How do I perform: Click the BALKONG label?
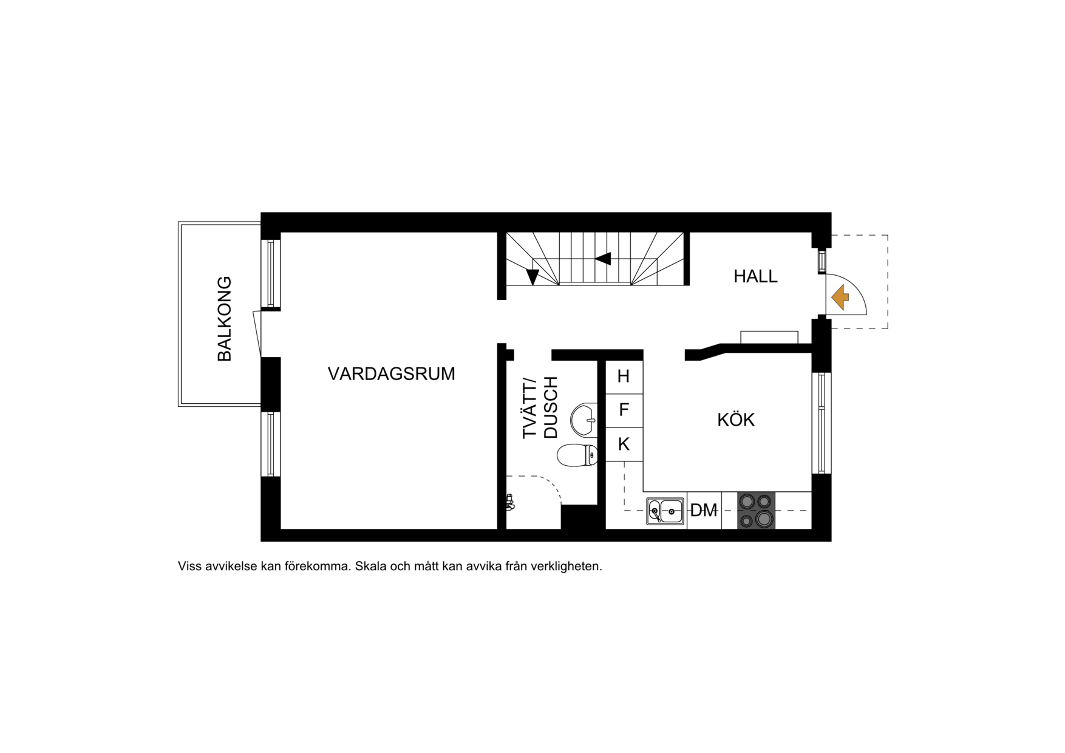coord(224,319)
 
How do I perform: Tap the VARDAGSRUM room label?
coord(391,373)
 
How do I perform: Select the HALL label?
coord(755,276)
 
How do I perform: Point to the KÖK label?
coord(735,420)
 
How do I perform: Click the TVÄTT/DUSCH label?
coord(540,407)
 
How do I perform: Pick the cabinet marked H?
coord(624,376)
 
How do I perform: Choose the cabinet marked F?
coord(624,410)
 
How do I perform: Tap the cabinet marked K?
coord(624,445)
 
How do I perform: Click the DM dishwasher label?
coord(704,511)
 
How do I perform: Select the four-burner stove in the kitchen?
coord(756,510)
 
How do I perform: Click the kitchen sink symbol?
coord(665,511)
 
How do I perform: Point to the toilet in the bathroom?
coord(577,455)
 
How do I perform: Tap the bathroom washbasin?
coord(584,419)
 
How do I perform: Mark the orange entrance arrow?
coord(840,298)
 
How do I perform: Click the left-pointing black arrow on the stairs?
coord(603,259)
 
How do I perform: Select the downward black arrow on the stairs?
coord(532,277)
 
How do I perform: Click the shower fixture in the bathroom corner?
coord(510,502)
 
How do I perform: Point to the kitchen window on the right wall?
coord(822,423)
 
